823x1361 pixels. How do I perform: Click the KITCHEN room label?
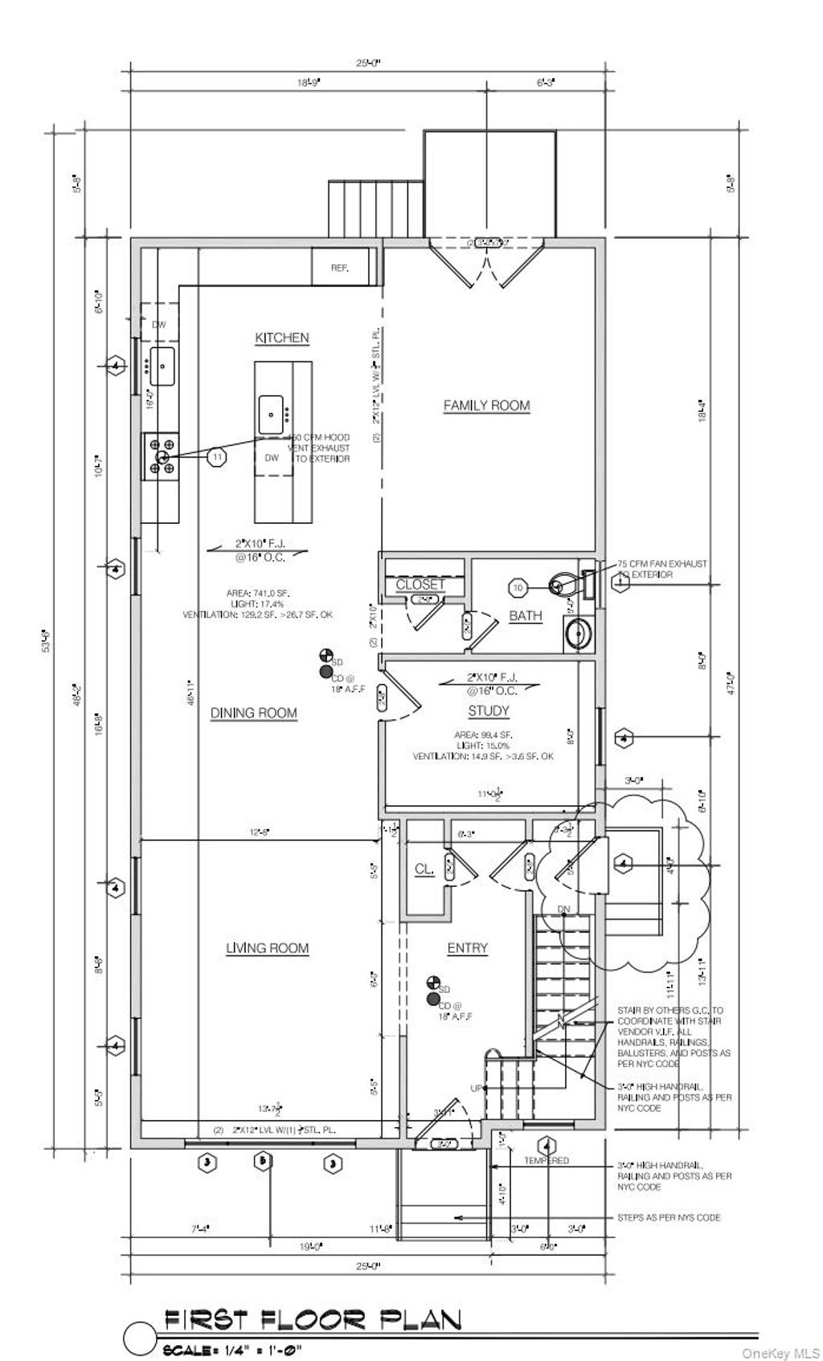pyautogui.click(x=281, y=338)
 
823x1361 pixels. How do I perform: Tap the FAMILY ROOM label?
pyautogui.click(x=487, y=406)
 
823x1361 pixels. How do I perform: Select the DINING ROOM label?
pyautogui.click(x=253, y=713)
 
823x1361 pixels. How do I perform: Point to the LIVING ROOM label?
pyautogui.click(x=267, y=948)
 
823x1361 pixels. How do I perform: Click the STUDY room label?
pyautogui.click(x=489, y=711)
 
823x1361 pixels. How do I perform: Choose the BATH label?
pyautogui.click(x=526, y=616)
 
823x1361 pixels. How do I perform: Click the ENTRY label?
pyautogui.click(x=467, y=948)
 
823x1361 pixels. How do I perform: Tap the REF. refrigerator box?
pyautogui.click(x=341, y=268)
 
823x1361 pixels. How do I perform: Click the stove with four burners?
pyautogui.click(x=161, y=456)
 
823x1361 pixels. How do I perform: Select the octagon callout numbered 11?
pyautogui.click(x=216, y=456)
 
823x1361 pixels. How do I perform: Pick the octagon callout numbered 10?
pyautogui.click(x=518, y=588)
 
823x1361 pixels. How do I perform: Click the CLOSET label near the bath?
pyautogui.click(x=420, y=585)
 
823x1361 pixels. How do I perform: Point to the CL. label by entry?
pyautogui.click(x=424, y=869)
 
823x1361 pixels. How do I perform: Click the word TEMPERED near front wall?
pyautogui.click(x=547, y=1160)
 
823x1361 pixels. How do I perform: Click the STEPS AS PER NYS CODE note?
pyautogui.click(x=669, y=1217)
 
